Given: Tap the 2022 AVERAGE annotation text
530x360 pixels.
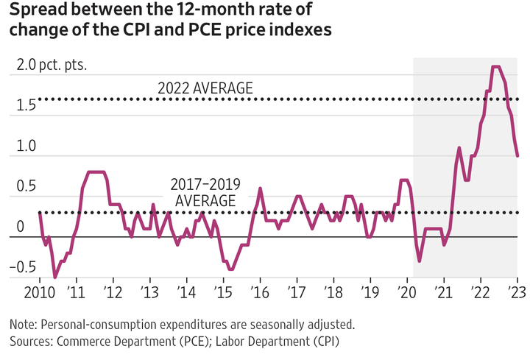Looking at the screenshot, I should click(205, 88).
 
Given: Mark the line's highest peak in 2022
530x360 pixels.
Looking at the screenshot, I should click(496, 67).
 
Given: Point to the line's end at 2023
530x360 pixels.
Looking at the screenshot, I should click(517, 155).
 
